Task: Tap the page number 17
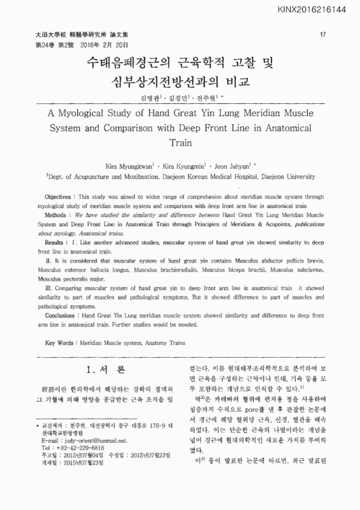(x=322, y=33)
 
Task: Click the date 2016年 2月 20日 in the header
(x=104, y=45)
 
